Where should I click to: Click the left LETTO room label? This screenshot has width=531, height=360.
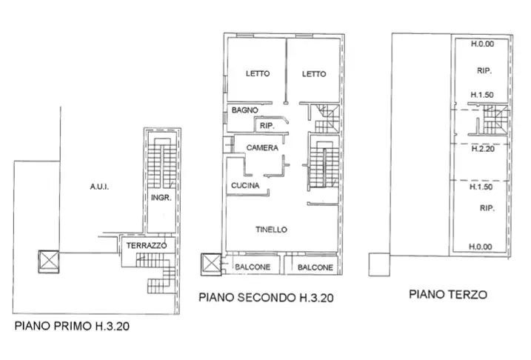pyautogui.click(x=258, y=73)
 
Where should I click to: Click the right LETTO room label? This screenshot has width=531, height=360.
pyautogui.click(x=314, y=73)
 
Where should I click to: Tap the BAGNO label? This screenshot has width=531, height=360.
pyautogui.click(x=244, y=110)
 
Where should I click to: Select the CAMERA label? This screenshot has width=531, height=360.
pyautogui.click(x=262, y=148)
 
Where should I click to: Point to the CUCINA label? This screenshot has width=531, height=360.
pyautogui.click(x=244, y=186)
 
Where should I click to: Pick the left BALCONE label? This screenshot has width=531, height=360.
pyautogui.click(x=253, y=267)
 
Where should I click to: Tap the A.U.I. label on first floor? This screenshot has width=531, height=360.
pyautogui.click(x=99, y=187)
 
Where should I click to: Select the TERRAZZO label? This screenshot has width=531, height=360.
pyautogui.click(x=146, y=245)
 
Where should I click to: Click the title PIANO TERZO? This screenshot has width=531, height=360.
pyautogui.click(x=448, y=294)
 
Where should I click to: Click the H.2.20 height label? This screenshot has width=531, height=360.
pyautogui.click(x=482, y=149)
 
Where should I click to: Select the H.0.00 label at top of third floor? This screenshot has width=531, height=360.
pyautogui.click(x=482, y=44)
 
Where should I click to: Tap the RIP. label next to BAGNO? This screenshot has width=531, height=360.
pyautogui.click(x=267, y=126)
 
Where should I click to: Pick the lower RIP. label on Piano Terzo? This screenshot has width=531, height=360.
pyautogui.click(x=487, y=208)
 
